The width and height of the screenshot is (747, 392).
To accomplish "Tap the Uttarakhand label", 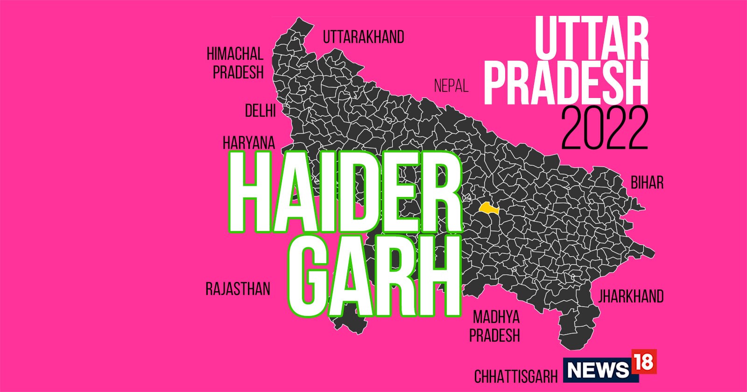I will pyautogui.click(x=364, y=37).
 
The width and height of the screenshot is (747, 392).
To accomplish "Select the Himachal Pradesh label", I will pyautogui.click(x=235, y=63).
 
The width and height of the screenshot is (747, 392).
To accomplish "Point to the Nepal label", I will pyautogui.click(x=451, y=86).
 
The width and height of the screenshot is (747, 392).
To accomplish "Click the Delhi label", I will pyautogui.click(x=260, y=111).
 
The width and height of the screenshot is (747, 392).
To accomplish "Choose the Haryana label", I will pyautogui.click(x=249, y=143).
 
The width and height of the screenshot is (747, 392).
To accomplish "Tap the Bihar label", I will pyautogui.click(x=647, y=182).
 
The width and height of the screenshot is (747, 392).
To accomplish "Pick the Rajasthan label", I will pyautogui.click(x=238, y=289).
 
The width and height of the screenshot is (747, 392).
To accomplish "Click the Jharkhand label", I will pyautogui.click(x=631, y=296).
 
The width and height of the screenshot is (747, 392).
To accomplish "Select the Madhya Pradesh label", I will pyautogui.click(x=495, y=326).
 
